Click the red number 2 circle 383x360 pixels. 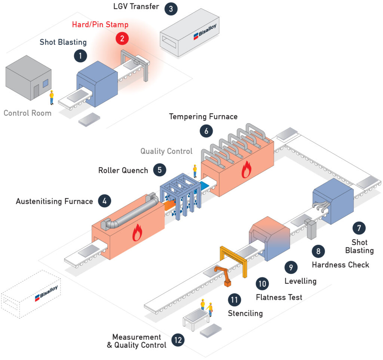coord(122,39)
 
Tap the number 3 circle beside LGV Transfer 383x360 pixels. coord(171,9)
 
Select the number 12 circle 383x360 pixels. coord(178,340)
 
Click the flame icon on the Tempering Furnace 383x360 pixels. coord(246,170)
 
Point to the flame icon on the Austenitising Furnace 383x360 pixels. coord(137,233)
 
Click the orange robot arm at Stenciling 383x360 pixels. coord(223,276)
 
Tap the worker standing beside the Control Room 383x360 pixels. coord(52,98)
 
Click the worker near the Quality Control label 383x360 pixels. coord(195,171)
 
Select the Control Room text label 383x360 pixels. coord(28,113)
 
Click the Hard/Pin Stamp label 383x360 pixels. coord(100,25)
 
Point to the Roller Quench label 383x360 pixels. coord(123,170)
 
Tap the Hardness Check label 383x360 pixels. coord(340,265)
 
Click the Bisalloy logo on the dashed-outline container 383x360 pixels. coord(46,293)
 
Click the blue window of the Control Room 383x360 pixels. coord(46,83)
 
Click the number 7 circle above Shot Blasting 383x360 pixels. coord(359,228)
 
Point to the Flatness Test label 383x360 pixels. coord(279,297)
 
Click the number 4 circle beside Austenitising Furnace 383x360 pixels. coord(105,201)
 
